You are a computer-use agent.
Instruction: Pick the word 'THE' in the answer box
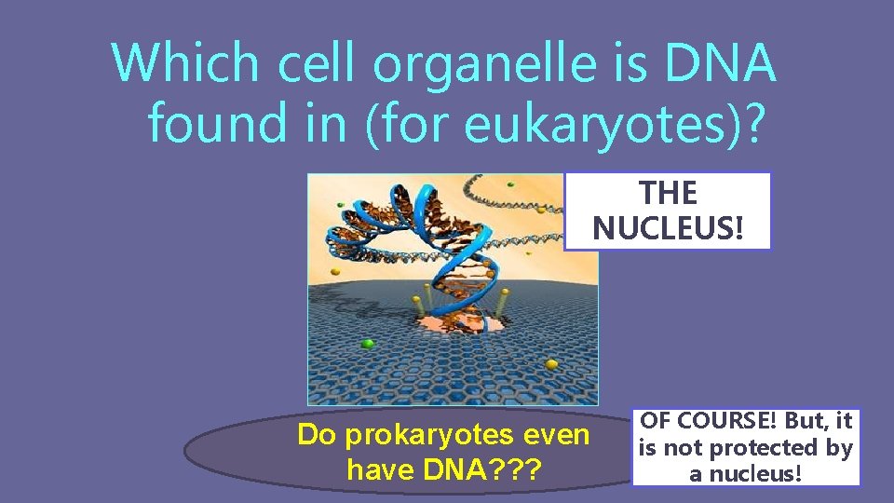click(668, 194)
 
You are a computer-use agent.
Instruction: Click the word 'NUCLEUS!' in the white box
click(668, 227)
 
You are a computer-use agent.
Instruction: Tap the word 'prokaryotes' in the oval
click(431, 435)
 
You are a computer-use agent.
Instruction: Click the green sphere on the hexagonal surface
click(368, 345)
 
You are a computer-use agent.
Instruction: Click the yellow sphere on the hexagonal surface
click(550, 364)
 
